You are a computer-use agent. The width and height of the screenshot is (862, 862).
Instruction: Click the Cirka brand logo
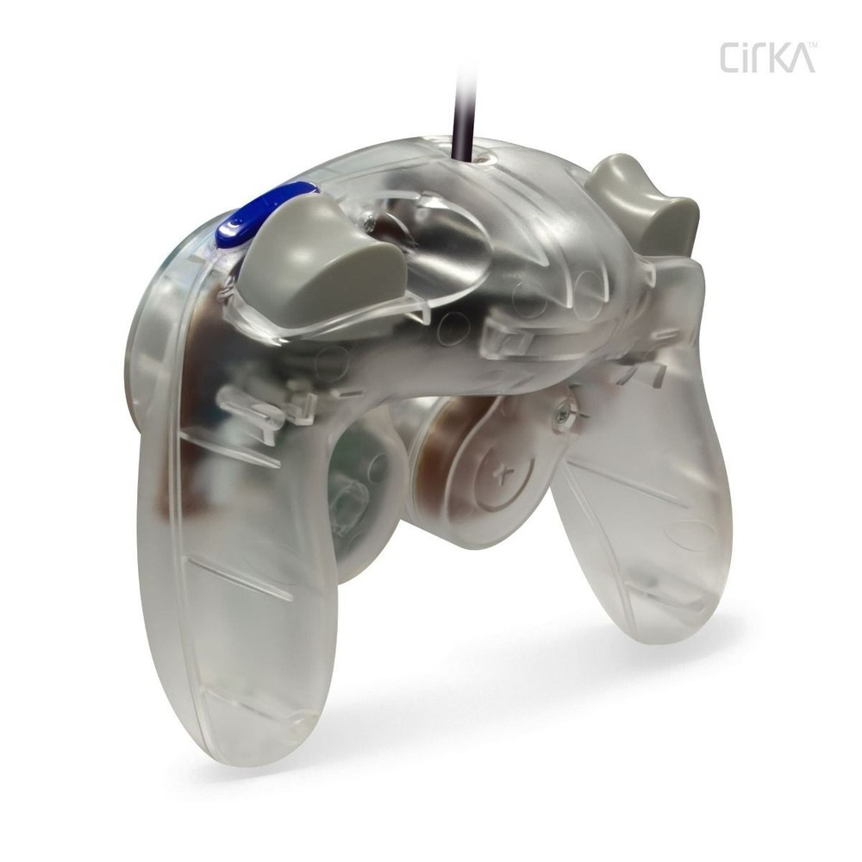point(766,58)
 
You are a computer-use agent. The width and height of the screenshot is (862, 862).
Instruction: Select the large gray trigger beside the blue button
point(319,259)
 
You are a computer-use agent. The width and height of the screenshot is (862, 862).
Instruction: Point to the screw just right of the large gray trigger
point(370,223)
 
